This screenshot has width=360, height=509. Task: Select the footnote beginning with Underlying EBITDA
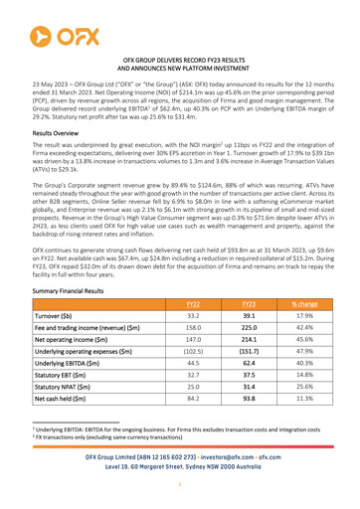click(179, 451)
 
